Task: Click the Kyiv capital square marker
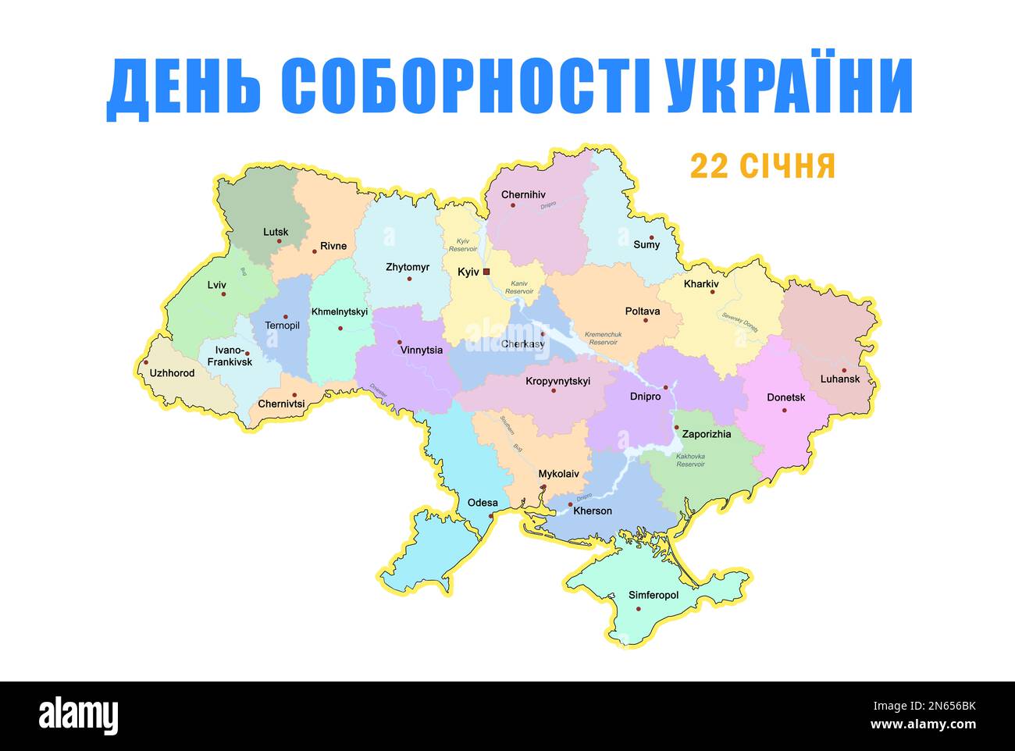(486, 272)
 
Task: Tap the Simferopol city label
(654, 596)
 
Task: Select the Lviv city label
(216, 285)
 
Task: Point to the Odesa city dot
(490, 516)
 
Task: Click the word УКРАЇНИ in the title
(790, 87)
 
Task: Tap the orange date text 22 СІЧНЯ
(762, 166)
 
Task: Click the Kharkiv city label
(701, 284)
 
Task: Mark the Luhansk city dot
(844, 370)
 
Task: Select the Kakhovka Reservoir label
(690, 460)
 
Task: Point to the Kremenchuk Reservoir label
(603, 338)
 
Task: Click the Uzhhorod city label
(172, 373)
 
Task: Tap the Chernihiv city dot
(513, 205)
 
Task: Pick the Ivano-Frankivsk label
(230, 356)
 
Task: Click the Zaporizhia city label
(707, 434)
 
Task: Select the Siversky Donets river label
(739, 319)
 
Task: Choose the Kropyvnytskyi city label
(558, 381)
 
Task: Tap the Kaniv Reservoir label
(519, 287)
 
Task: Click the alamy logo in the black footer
(79, 715)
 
